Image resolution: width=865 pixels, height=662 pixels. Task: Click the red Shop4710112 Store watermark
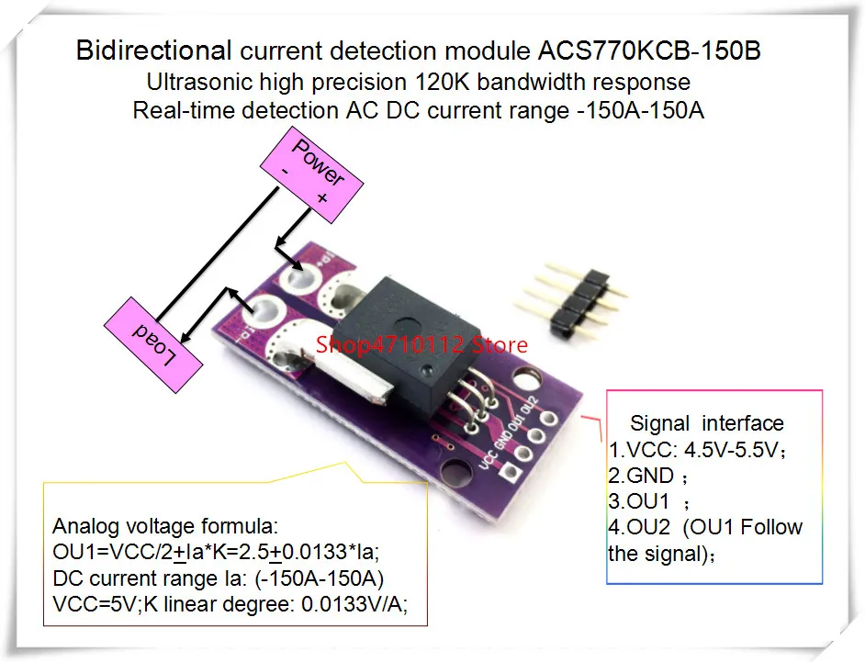[421, 345]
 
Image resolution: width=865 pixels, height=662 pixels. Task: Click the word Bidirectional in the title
[152, 50]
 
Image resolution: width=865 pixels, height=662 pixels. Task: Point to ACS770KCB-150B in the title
[643, 50]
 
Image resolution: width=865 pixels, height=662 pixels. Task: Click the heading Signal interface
[706, 423]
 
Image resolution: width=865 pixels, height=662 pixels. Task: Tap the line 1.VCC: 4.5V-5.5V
[698, 450]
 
